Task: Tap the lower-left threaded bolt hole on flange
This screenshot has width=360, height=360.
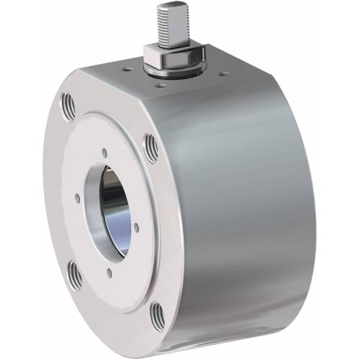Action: pos(74,271)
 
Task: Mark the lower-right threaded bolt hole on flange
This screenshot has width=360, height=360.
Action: pos(156,315)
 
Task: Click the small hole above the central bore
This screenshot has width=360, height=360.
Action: pos(105,152)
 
